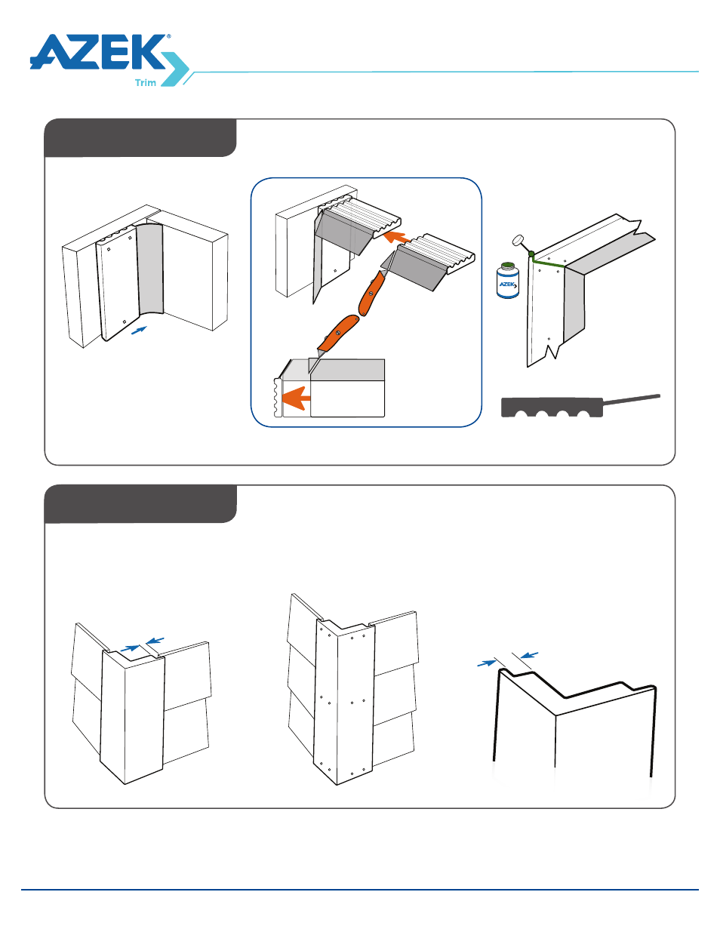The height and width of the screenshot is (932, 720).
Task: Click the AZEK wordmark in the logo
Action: tap(98, 53)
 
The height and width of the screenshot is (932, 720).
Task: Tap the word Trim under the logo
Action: tap(146, 83)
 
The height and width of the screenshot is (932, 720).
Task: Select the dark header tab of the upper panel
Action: tap(140, 138)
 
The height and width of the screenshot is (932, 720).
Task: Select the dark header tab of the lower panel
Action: tap(140, 504)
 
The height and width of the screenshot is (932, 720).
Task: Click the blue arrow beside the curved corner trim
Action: tap(139, 330)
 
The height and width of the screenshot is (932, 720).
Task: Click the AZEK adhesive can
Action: tap(508, 281)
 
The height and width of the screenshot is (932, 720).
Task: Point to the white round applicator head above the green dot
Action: tap(518, 241)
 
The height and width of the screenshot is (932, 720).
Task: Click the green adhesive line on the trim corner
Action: tap(547, 263)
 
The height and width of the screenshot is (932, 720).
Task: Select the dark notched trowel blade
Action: tap(552, 408)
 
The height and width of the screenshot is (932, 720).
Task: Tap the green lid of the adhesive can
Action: tap(508, 265)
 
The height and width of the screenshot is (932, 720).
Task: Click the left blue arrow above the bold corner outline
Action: tap(487, 663)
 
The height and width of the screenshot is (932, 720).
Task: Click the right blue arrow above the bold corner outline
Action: tap(529, 654)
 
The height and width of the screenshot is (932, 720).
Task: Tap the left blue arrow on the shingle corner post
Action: tap(130, 647)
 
